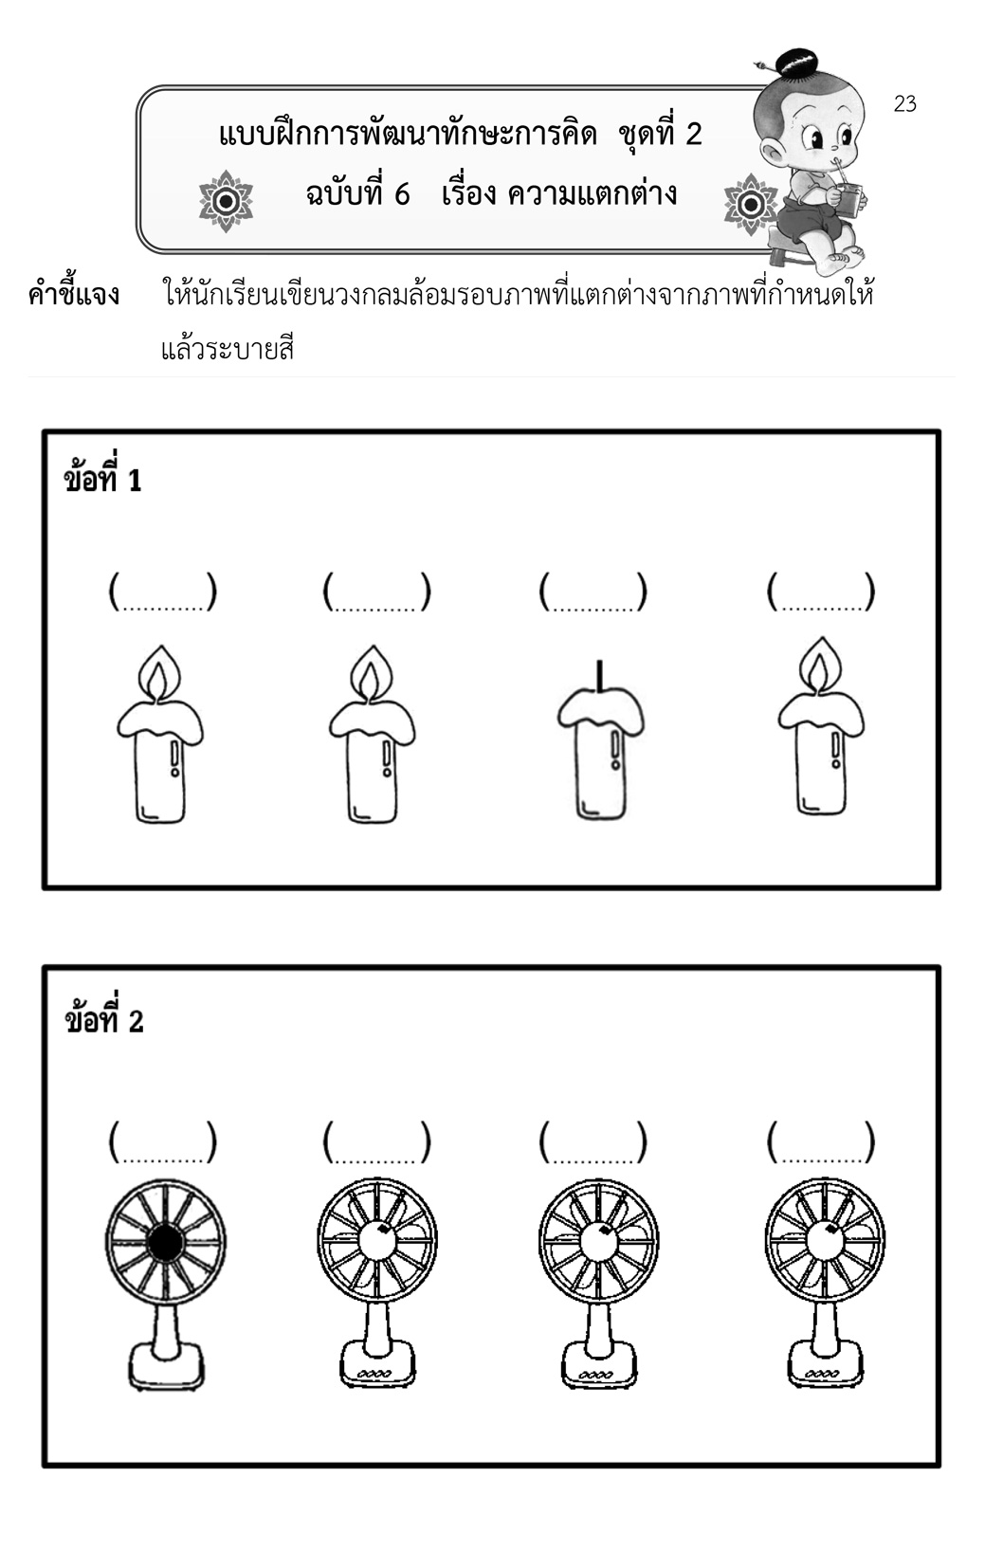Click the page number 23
(x=904, y=104)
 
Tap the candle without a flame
(x=600, y=740)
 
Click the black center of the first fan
(x=166, y=1244)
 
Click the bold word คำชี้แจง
(x=73, y=293)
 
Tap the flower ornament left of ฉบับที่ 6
(x=226, y=201)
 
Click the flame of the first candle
(x=160, y=671)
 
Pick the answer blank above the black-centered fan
(x=163, y=1141)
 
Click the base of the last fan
(x=825, y=1363)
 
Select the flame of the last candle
(x=822, y=664)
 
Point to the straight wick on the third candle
(x=600, y=674)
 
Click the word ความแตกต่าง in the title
(x=593, y=193)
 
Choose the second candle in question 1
(x=373, y=734)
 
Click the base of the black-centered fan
(x=166, y=1365)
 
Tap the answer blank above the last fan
(x=821, y=1141)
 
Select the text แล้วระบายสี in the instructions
(x=228, y=350)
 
